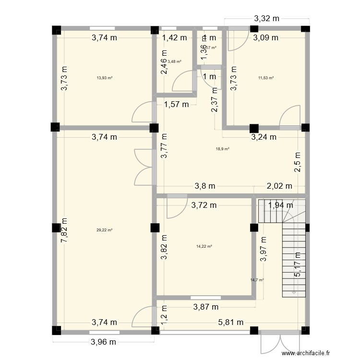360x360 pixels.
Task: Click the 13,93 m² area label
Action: coord(104,78)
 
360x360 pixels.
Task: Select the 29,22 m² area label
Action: coord(104,230)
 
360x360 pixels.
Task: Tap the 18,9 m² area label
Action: coord(223,149)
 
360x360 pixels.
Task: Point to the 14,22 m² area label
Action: coord(204,246)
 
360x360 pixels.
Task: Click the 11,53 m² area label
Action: coord(265,78)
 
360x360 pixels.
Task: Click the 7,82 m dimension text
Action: coord(63,230)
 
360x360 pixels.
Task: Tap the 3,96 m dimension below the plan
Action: coord(104,342)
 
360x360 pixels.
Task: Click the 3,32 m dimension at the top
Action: coord(266,19)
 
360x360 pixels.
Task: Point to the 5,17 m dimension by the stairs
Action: coord(298,265)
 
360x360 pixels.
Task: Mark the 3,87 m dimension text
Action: coord(206,306)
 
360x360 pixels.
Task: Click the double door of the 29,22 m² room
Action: coord(144,167)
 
